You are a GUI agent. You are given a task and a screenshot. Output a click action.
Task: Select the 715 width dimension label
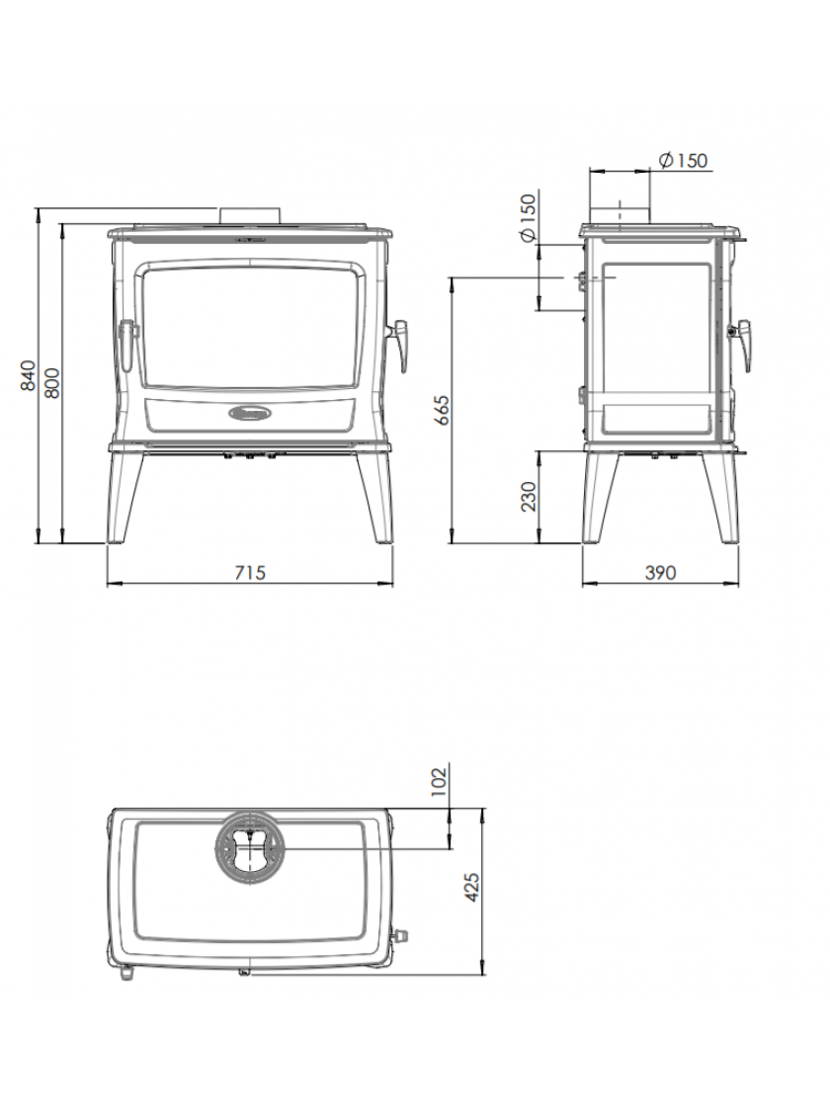pyautogui.click(x=250, y=572)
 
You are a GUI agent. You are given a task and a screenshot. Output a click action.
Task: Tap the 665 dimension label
pyautogui.click(x=441, y=410)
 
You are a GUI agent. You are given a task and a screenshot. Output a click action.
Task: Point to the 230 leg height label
pyautogui.click(x=529, y=496)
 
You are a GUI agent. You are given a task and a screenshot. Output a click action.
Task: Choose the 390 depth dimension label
pyautogui.click(x=660, y=572)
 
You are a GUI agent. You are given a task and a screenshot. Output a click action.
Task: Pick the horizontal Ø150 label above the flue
pyautogui.click(x=682, y=160)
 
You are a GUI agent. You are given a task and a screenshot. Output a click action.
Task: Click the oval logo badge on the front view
pyautogui.click(x=250, y=413)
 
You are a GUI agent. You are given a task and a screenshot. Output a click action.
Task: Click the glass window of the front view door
pyautogui.click(x=250, y=326)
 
